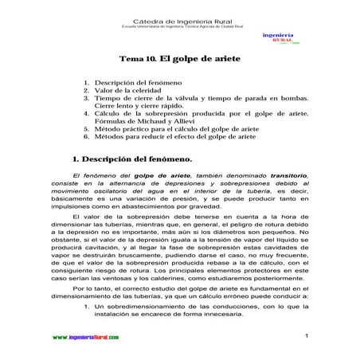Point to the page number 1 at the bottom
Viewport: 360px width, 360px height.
click(x=305, y=336)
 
